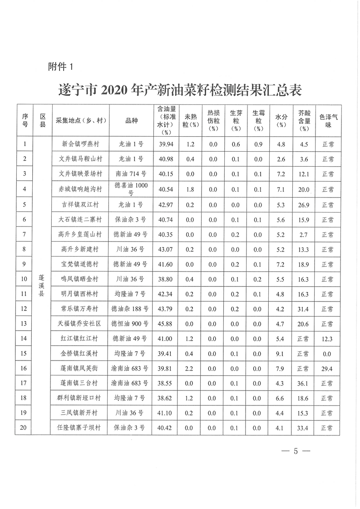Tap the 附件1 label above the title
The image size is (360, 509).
[x=61, y=67]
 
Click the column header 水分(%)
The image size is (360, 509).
[x=281, y=120]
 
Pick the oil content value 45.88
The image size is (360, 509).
[x=163, y=323]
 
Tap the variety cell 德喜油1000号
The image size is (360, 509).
[x=131, y=189]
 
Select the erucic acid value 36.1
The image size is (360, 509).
[x=304, y=383]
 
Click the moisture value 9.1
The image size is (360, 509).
[x=281, y=353]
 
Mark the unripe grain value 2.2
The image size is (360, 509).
[x=190, y=368]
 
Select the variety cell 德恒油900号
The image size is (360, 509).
[x=131, y=323]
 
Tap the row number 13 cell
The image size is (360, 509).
[x=25, y=323]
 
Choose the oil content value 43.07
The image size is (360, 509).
[x=163, y=249]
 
